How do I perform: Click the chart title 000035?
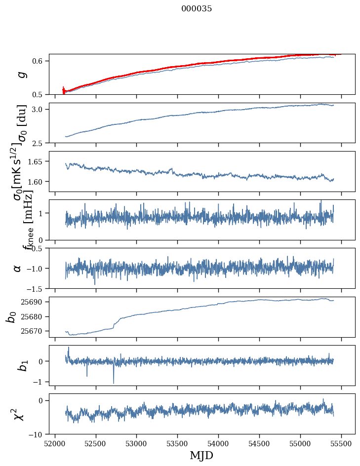[x=197, y=9]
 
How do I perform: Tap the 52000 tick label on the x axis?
[x=55, y=443]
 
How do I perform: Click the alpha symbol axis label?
[x=18, y=268]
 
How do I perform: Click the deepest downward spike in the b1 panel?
[x=114, y=383]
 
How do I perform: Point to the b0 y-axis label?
[x=11, y=317]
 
